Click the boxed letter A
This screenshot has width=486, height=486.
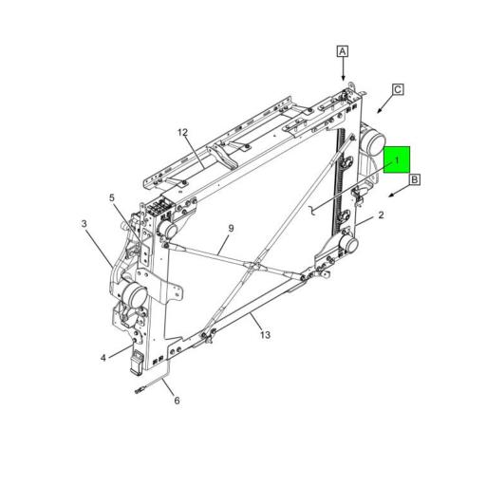(x=343, y=51)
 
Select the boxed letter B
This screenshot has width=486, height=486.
(x=415, y=178)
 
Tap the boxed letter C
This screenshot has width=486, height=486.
(x=398, y=89)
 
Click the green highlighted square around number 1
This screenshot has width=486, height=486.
(x=397, y=159)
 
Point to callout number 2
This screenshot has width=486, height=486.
(x=381, y=215)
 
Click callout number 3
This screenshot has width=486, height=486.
(x=84, y=224)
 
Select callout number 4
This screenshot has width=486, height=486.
(x=103, y=357)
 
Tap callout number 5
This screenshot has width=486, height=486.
(x=112, y=198)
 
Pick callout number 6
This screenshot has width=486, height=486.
(x=176, y=401)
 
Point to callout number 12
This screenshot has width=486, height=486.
(x=183, y=133)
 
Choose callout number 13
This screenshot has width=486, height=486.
(x=265, y=335)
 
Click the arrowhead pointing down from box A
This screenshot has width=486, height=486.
(x=344, y=79)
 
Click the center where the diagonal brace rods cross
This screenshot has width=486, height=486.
(x=252, y=271)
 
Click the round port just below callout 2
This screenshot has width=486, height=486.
(x=349, y=243)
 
